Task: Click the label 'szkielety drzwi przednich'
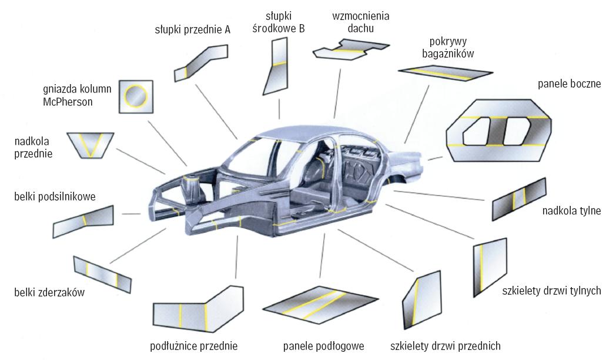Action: pyautogui.click(x=446, y=345)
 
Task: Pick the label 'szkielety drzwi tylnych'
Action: pyautogui.click(x=551, y=291)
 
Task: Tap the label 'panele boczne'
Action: pyautogui.click(x=569, y=84)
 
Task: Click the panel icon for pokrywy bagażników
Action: pyautogui.click(x=444, y=73)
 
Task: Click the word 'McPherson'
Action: pyautogui.click(x=68, y=102)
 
